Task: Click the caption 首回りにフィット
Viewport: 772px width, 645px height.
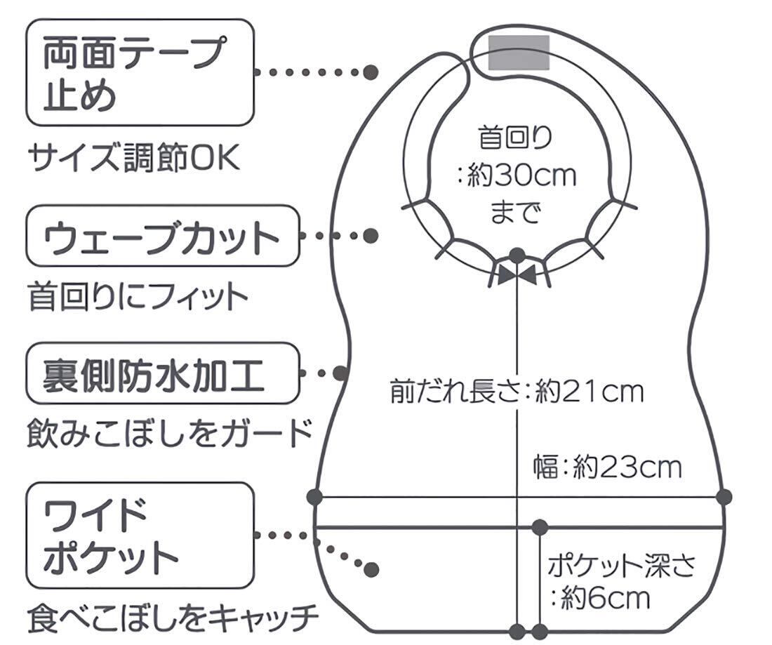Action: (x=138, y=297)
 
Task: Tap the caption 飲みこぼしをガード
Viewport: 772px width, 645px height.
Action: (x=169, y=433)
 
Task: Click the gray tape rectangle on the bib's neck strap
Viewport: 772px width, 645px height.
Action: (x=519, y=53)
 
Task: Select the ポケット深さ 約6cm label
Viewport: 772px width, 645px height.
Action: (x=620, y=580)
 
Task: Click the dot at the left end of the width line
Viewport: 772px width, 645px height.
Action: (x=315, y=497)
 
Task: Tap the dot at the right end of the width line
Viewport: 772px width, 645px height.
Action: (x=725, y=497)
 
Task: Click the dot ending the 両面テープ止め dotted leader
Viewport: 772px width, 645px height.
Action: (x=372, y=72)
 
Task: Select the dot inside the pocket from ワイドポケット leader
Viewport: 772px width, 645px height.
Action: (x=372, y=568)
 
